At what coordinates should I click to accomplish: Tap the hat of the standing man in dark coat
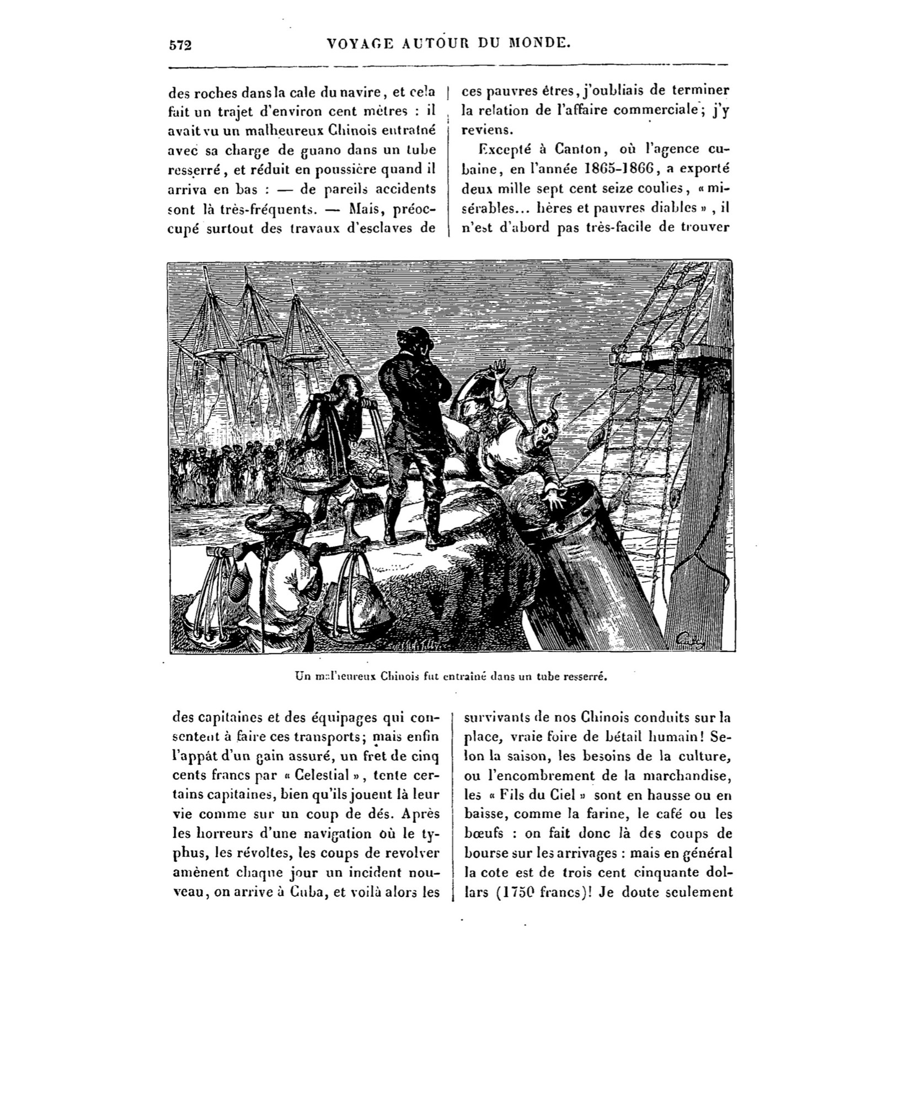point(413,335)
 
